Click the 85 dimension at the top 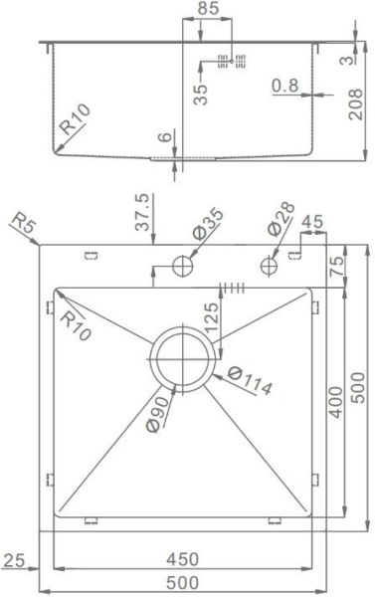pyautogui.click(x=208, y=9)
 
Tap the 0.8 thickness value pyautogui.click(x=285, y=87)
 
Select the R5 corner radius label pyautogui.click(x=22, y=226)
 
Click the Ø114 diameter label pyautogui.click(x=249, y=381)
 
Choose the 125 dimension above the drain pyautogui.click(x=211, y=320)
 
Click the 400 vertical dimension pyautogui.click(x=335, y=402)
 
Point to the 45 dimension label pyautogui.click(x=311, y=221)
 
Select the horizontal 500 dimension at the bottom pyautogui.click(x=182, y=582)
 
